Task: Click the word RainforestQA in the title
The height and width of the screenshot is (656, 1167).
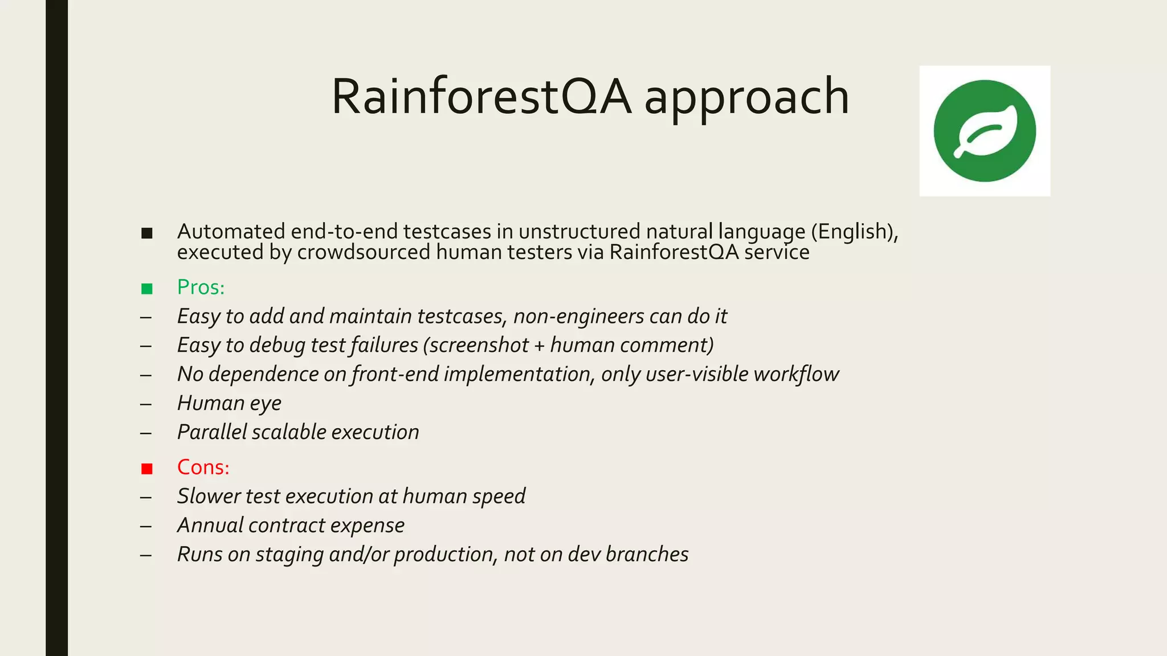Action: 482,97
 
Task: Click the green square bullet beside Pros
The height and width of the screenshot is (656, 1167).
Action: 147,289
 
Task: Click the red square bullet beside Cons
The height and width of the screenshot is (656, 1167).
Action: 147,469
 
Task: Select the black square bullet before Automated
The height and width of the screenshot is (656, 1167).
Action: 147,233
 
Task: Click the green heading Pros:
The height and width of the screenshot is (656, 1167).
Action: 201,287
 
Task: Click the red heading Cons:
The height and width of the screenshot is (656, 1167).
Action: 203,467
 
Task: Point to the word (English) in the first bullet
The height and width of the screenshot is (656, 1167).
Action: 854,232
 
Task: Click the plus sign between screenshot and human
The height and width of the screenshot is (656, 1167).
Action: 539,346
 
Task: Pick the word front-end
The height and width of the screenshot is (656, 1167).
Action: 395,374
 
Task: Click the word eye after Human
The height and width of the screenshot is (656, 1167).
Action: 266,404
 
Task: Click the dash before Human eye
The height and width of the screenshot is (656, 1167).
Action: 146,404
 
